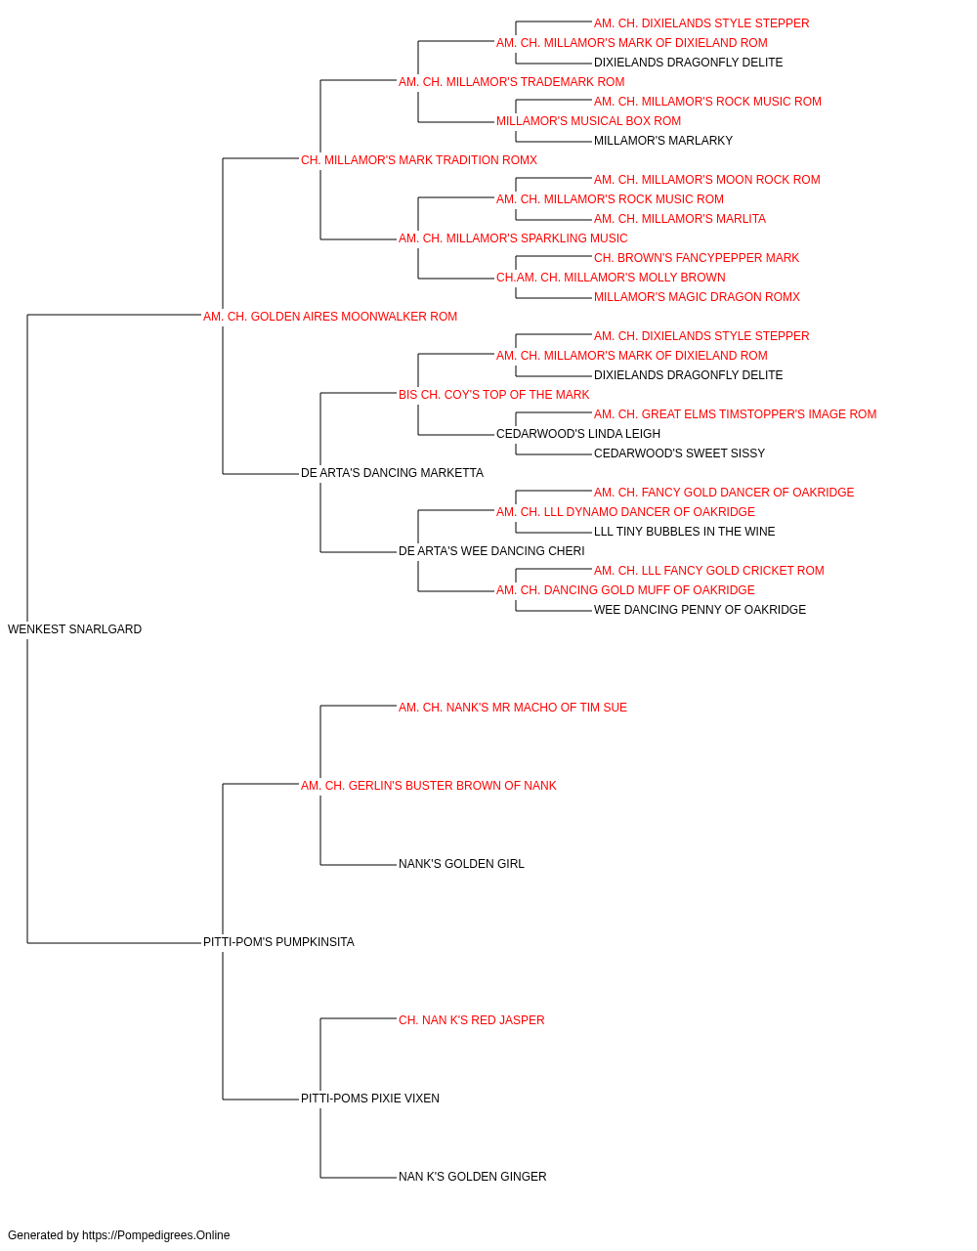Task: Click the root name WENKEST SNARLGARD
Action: (75, 629)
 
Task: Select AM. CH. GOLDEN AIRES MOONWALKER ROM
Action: (330, 317)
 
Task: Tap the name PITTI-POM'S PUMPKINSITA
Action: (278, 942)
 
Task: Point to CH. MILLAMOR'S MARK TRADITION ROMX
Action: (419, 160)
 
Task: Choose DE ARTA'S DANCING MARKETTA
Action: (392, 473)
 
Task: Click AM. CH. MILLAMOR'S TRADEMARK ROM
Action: (512, 82)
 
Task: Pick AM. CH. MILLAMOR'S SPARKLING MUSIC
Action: (513, 238)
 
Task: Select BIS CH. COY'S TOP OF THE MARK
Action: (493, 394)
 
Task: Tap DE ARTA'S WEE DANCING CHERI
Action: (491, 551)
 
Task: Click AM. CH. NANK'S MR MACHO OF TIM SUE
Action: (513, 708)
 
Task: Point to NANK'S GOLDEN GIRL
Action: (461, 864)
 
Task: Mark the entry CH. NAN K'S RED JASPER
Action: (471, 1020)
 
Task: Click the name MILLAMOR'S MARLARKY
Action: (662, 141)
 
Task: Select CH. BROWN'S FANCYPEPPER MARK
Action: (697, 258)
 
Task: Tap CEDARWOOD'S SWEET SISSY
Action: (679, 453)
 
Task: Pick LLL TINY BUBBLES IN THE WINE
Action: (684, 532)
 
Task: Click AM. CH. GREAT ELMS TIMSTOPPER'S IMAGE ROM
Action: (735, 414)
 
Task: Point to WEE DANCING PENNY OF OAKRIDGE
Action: (700, 610)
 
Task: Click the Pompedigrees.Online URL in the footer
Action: (156, 1235)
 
